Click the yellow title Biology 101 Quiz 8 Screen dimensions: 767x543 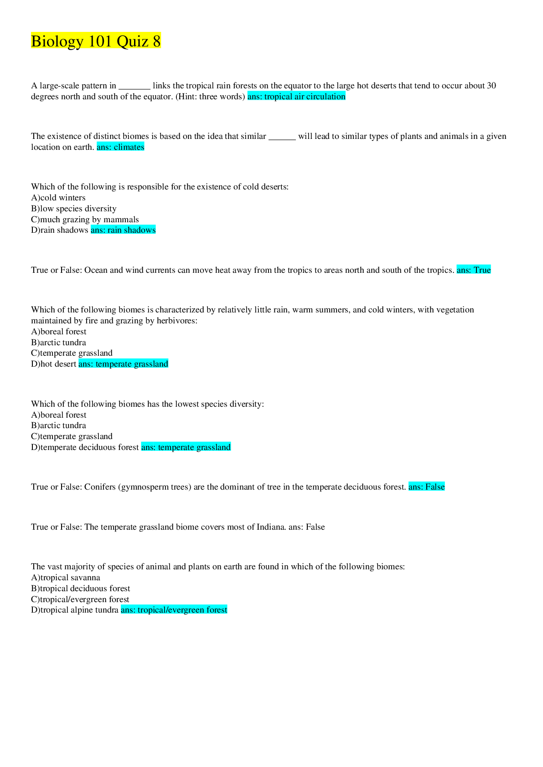96,41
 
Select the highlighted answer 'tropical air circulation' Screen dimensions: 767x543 296,97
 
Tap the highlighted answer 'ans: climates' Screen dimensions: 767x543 120,147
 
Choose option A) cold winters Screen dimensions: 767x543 58,198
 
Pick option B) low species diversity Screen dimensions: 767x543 74,209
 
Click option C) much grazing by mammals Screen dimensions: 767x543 85,220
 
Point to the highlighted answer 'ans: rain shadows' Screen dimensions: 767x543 123,230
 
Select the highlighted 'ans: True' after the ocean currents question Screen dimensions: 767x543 474,270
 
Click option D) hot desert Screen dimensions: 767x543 54,364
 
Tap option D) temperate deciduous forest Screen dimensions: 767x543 85,447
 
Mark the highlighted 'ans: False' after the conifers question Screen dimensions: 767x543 426,487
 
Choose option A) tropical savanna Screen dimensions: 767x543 66,578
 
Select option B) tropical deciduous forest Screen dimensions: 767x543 81,588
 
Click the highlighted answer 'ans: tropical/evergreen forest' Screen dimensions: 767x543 174,610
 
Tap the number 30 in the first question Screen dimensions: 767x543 491,86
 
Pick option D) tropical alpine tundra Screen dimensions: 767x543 75,610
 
